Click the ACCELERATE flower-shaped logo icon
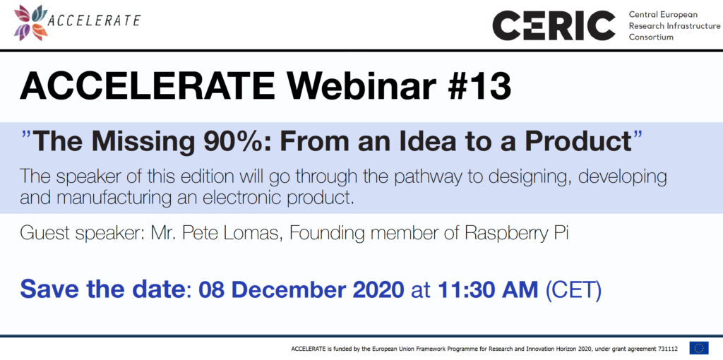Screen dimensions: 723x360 coord(31,23)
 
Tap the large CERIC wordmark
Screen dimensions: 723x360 coord(554,26)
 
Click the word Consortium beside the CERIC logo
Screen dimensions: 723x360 coord(651,37)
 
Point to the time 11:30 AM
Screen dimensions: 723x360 coord(488,289)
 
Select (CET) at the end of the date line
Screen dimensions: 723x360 coord(573,290)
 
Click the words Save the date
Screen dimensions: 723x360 coord(102,289)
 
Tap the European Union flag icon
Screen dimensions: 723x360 coord(699,348)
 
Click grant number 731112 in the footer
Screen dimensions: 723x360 coord(668,349)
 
